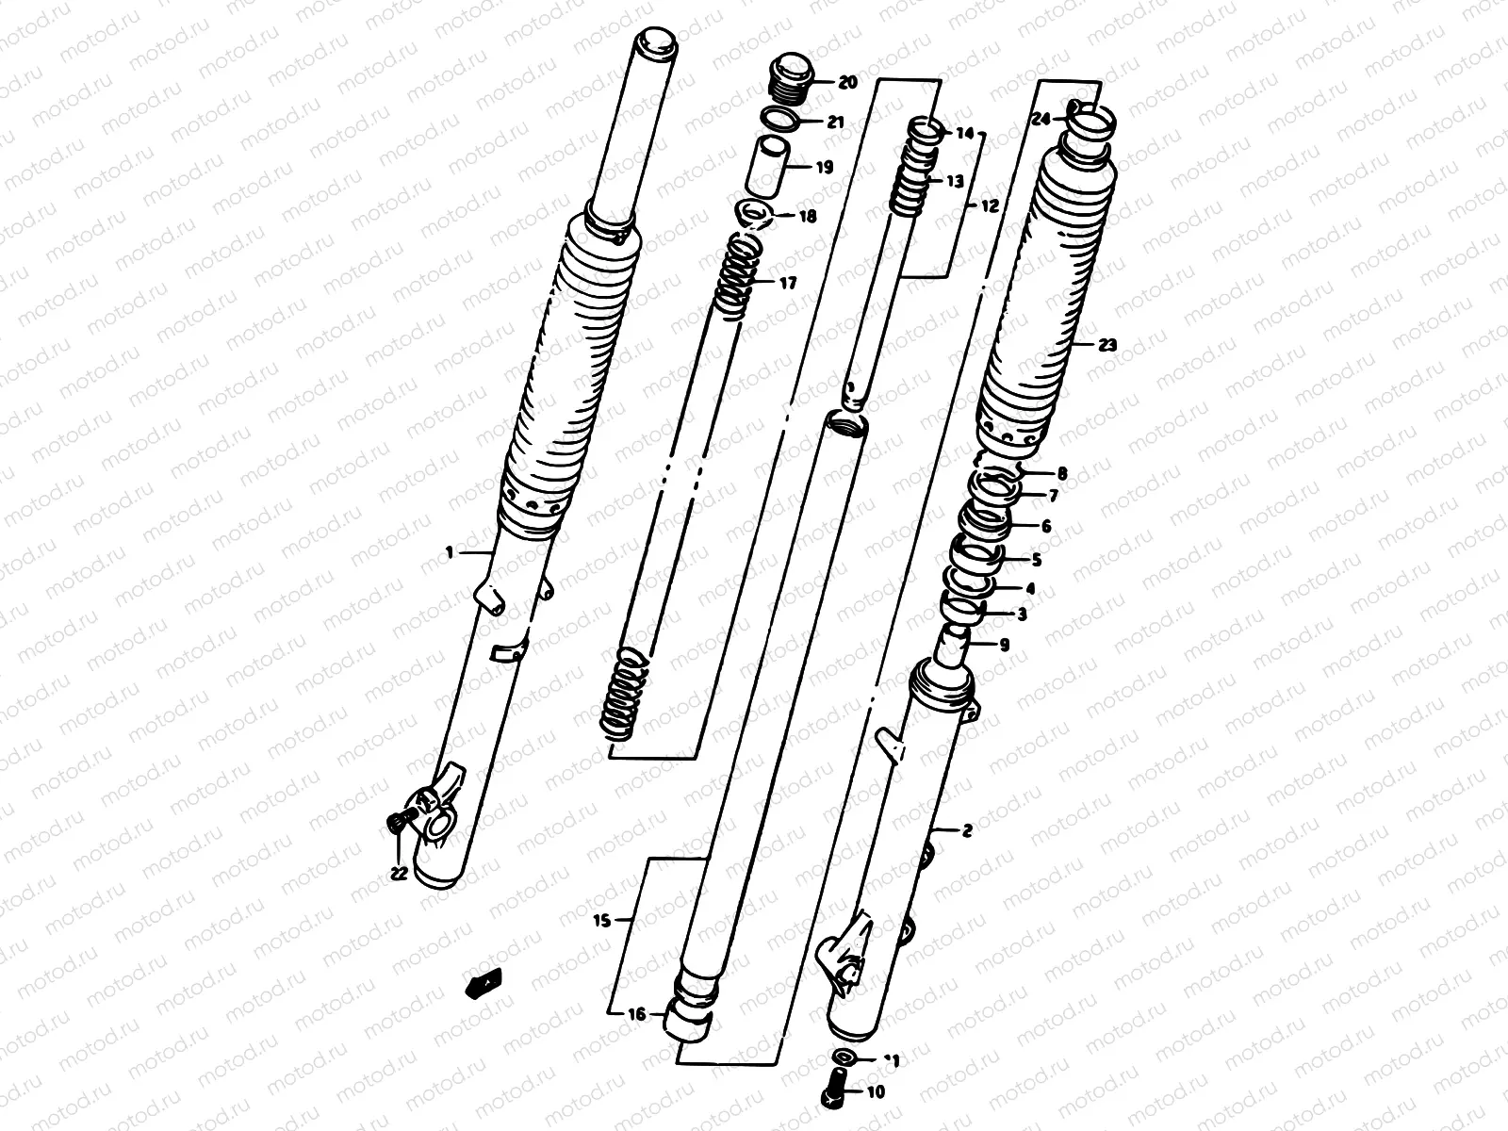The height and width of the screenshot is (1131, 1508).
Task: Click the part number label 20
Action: [x=846, y=83]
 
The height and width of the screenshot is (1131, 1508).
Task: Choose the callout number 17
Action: [x=788, y=283]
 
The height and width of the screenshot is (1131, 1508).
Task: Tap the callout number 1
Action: [x=450, y=552]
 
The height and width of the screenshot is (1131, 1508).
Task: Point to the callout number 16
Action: [x=637, y=1015]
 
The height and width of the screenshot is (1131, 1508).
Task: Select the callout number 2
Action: [x=967, y=830]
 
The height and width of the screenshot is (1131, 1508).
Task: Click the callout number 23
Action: [x=1107, y=345]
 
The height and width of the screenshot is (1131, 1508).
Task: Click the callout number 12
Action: [x=989, y=205]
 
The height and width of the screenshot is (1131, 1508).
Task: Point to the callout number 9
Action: [x=1003, y=646]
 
